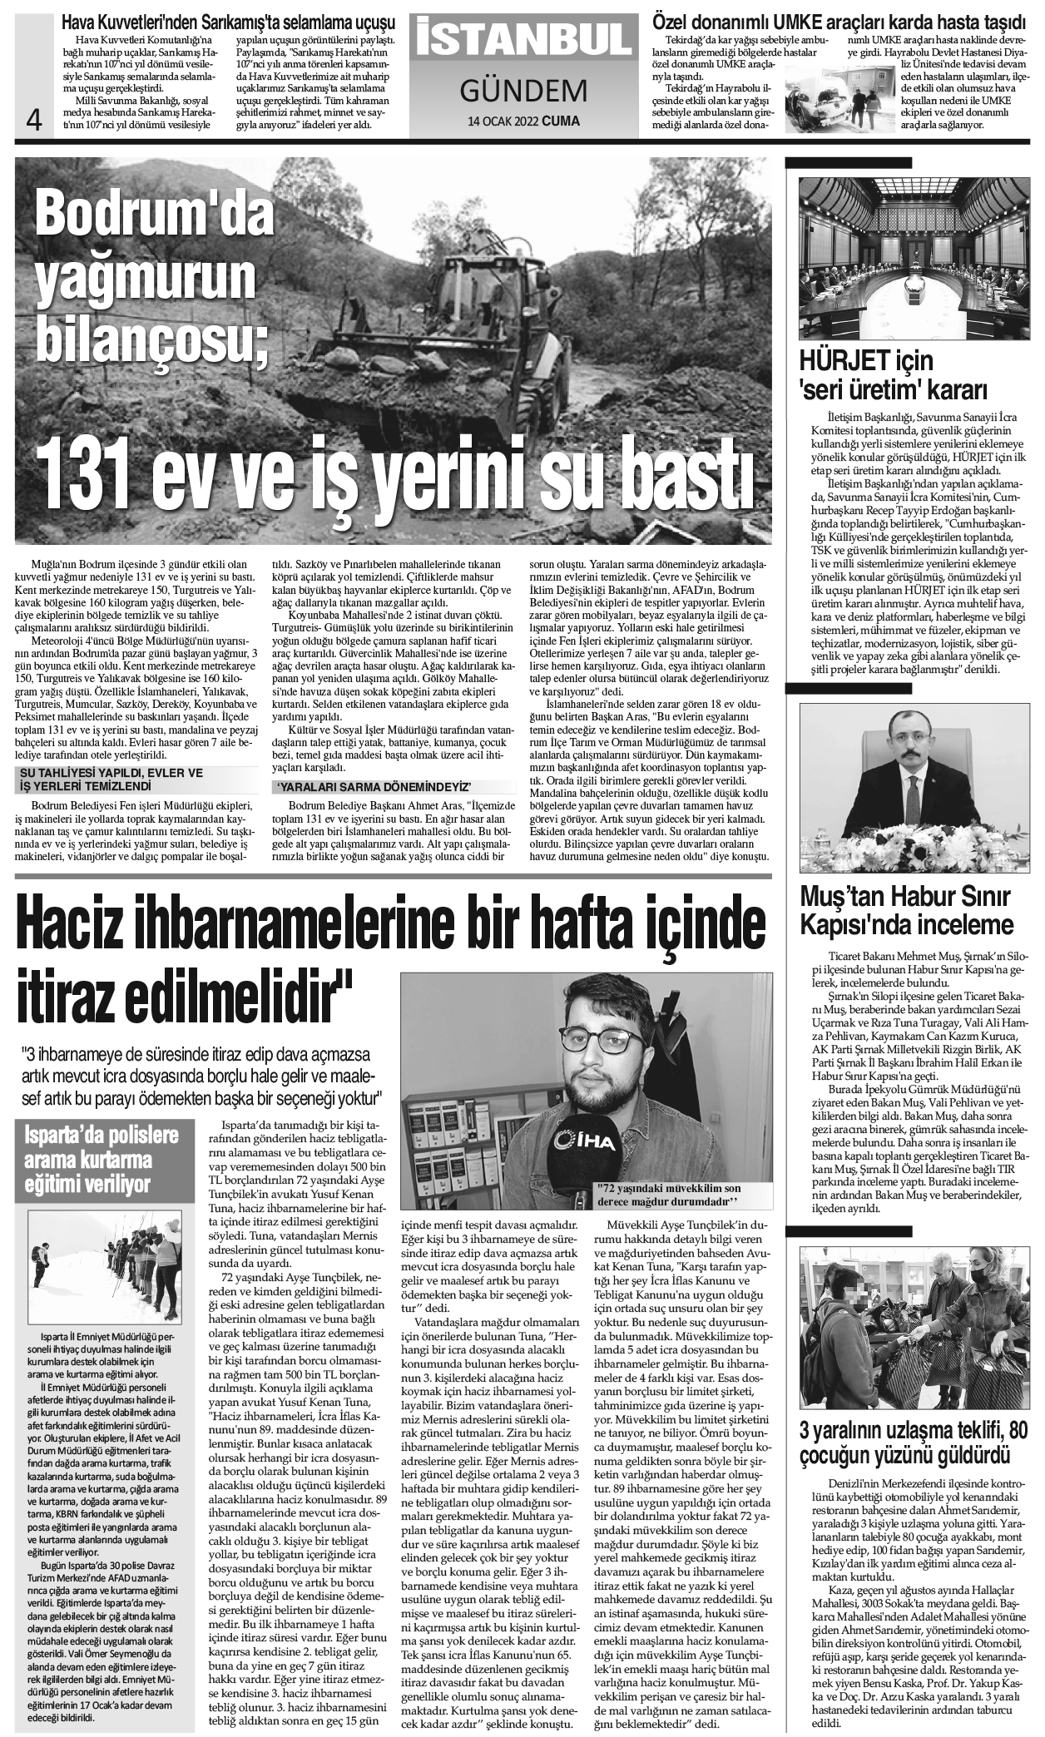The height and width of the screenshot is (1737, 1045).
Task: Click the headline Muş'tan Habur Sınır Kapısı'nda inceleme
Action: tap(906, 910)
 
